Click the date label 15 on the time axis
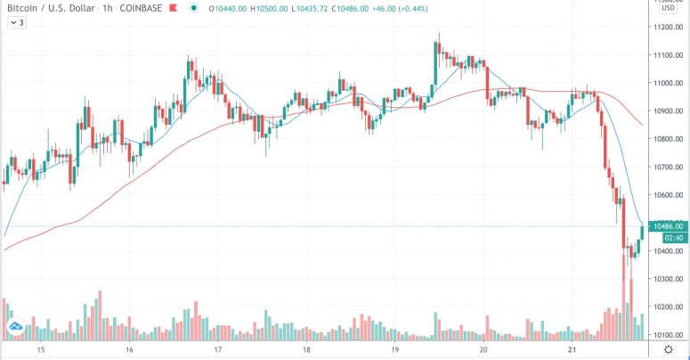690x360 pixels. pos(40,350)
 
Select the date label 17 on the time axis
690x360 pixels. pos(218,350)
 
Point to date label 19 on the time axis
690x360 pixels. pos(395,350)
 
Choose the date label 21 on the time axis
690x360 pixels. pos(572,350)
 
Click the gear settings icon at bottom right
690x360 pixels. pos(669,350)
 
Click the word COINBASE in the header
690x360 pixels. pos(144,9)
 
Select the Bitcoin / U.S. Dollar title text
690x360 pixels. pos(52,9)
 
